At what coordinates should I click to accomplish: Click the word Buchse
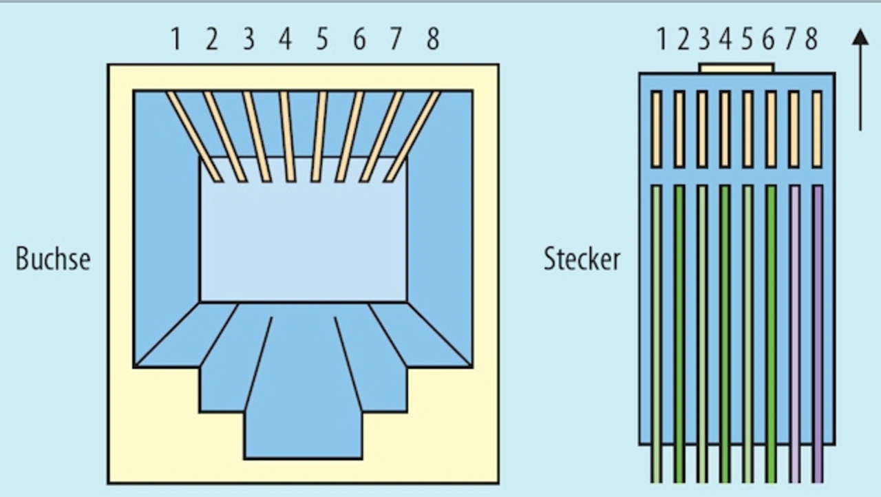tap(53, 259)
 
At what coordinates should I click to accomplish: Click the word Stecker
tap(582, 259)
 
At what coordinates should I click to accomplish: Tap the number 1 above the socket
tap(176, 39)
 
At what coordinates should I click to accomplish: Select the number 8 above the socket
tap(433, 39)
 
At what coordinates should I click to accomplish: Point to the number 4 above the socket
tap(285, 39)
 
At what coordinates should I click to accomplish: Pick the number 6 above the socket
tap(359, 39)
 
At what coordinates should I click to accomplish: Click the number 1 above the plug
tap(662, 39)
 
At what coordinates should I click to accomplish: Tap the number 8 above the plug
tap(811, 39)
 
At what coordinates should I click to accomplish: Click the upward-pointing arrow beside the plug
tap(860, 79)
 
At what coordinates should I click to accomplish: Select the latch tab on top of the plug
tap(737, 68)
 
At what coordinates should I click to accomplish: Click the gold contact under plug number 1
tap(656, 129)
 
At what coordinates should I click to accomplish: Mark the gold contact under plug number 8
tap(818, 129)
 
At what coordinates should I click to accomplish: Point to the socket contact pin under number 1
tap(195, 137)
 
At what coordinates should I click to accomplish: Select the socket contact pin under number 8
tap(412, 137)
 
